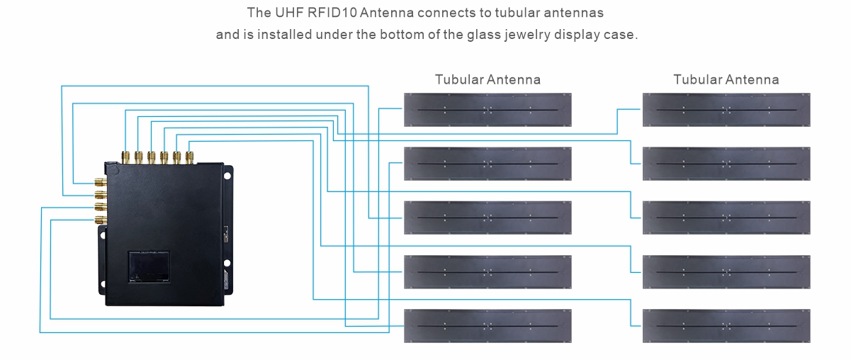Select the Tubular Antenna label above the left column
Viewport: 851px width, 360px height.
(488, 79)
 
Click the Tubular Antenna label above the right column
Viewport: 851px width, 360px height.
(726, 79)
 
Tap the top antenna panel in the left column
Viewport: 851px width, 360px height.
(488, 110)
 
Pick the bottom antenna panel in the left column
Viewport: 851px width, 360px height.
(488, 326)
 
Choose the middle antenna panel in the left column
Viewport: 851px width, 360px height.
(488, 218)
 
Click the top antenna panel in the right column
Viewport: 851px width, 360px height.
(726, 110)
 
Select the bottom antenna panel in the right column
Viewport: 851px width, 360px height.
(726, 326)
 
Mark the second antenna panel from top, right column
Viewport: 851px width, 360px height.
(726, 164)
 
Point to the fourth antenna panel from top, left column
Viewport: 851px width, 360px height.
(488, 272)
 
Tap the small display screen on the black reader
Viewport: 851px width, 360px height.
(147, 268)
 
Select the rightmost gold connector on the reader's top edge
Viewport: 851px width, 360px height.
(189, 155)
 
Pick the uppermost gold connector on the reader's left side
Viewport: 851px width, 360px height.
(101, 182)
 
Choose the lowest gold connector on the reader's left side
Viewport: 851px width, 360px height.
(101, 220)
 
